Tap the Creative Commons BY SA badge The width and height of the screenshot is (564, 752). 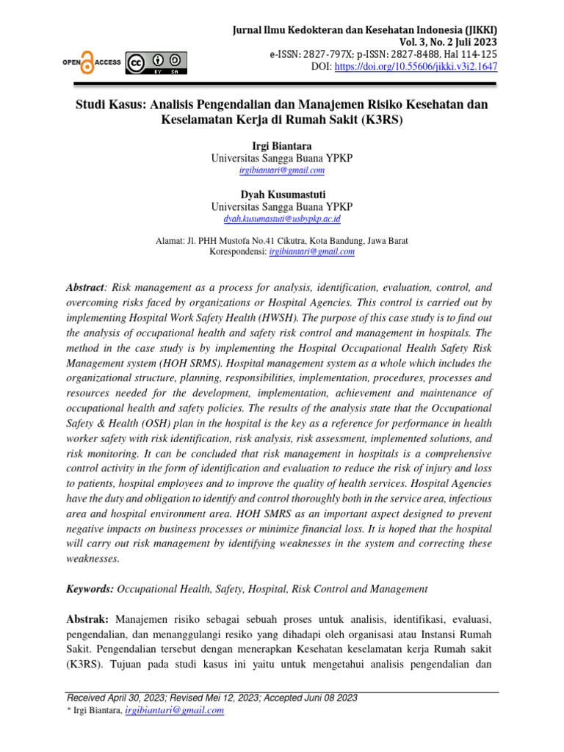(156, 64)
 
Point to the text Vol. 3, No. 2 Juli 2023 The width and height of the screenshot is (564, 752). (444, 42)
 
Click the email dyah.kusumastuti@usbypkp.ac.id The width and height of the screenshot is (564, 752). (282, 219)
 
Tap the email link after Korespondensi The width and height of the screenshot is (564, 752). (312, 251)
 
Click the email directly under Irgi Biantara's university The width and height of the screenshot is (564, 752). (282, 170)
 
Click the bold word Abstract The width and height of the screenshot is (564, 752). (86, 288)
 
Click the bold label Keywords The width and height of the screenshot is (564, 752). (90, 588)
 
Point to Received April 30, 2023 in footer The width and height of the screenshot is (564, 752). (117, 698)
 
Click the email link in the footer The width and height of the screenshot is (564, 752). (175, 711)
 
